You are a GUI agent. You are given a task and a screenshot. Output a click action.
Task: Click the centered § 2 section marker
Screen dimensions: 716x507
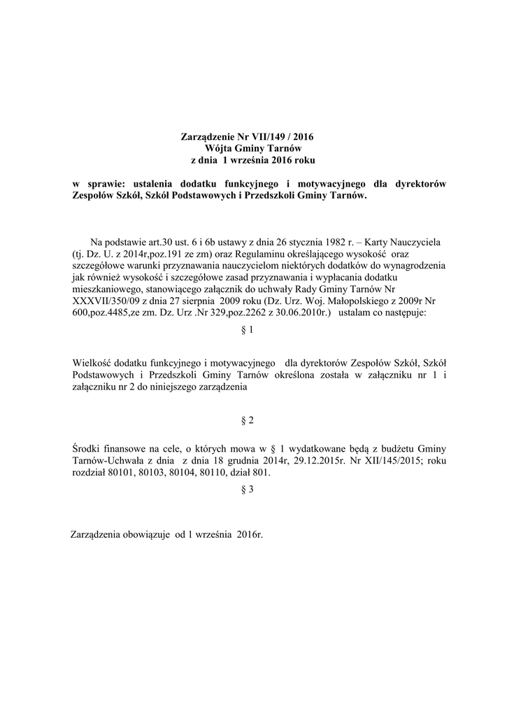pos(246,420)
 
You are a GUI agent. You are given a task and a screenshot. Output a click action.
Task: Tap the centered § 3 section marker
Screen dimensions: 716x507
pos(246,490)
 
